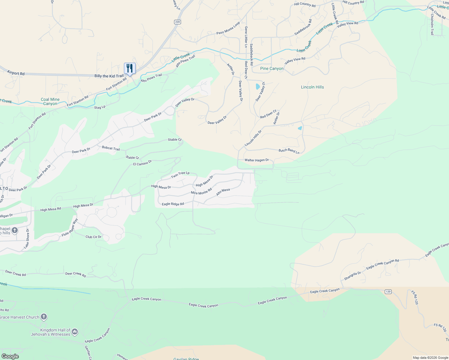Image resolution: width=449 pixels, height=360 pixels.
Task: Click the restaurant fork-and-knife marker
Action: tap(130, 68)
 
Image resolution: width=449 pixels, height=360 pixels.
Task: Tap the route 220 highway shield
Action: tap(177, 22)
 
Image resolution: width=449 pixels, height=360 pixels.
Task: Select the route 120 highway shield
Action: tap(388, 292)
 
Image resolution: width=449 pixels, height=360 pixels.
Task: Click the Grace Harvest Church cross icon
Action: tap(44, 317)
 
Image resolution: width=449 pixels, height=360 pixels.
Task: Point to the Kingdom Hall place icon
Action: tap(75, 331)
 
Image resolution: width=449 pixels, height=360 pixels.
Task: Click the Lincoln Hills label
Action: tap(312, 87)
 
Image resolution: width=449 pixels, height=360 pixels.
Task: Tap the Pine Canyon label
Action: tap(272, 68)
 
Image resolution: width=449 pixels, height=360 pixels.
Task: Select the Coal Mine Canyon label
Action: tap(50, 101)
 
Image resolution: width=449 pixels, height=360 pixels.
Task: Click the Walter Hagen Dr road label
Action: tap(257, 160)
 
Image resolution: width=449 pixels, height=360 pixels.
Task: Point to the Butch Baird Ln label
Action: tap(289, 151)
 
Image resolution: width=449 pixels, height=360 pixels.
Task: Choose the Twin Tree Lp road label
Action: tap(180, 175)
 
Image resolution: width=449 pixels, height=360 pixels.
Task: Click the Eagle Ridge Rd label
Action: tap(173, 204)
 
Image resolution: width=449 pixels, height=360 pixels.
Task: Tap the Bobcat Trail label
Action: tap(111, 148)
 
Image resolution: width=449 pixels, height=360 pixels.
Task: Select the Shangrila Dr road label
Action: tap(352, 276)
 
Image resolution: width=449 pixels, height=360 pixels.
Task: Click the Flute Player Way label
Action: tap(70, 228)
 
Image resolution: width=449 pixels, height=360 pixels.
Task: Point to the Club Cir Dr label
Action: tap(93, 237)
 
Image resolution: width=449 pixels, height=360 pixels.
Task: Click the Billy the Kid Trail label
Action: tap(109, 76)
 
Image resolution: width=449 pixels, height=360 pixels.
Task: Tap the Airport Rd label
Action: tap(16, 73)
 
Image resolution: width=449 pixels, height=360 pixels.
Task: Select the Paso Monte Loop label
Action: tap(228, 28)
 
